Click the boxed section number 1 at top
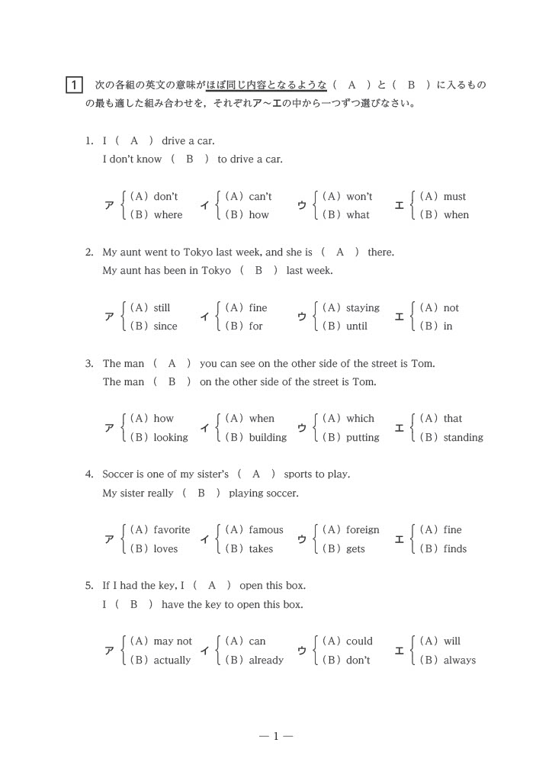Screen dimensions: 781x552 (x=73, y=85)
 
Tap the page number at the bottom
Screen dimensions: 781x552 (x=276, y=736)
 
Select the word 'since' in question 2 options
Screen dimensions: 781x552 (x=165, y=326)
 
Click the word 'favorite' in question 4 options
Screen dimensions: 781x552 (x=172, y=530)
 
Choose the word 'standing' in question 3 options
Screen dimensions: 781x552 (x=463, y=438)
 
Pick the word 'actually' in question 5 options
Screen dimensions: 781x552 (x=172, y=660)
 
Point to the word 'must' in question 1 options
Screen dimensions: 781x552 (x=454, y=197)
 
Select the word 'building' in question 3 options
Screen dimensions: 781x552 (x=268, y=438)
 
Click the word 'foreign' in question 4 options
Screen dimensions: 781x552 (x=362, y=530)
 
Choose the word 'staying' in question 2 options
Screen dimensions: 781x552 (x=362, y=308)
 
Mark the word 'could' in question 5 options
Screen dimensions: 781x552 (x=359, y=641)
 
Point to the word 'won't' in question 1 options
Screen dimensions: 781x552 (x=359, y=197)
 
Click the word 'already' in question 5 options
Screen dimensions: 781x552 (x=266, y=660)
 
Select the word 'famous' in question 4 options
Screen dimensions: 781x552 (x=265, y=530)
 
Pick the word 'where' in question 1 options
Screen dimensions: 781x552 (x=168, y=215)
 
